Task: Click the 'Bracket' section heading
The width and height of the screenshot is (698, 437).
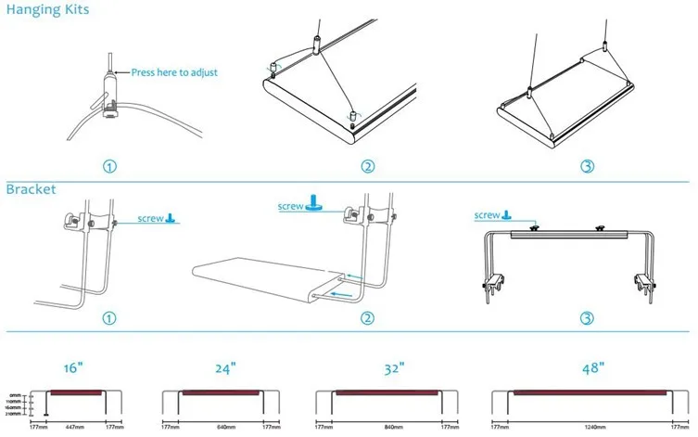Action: click(32, 189)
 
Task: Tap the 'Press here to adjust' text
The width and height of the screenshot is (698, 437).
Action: click(174, 72)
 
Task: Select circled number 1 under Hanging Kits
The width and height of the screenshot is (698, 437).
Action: click(109, 167)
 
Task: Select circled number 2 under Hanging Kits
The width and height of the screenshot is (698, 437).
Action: click(368, 167)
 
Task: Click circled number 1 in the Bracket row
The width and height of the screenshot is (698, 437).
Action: click(109, 318)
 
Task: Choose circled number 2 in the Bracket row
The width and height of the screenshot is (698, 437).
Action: click(368, 318)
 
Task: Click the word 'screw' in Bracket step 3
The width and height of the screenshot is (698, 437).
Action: click(488, 215)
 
